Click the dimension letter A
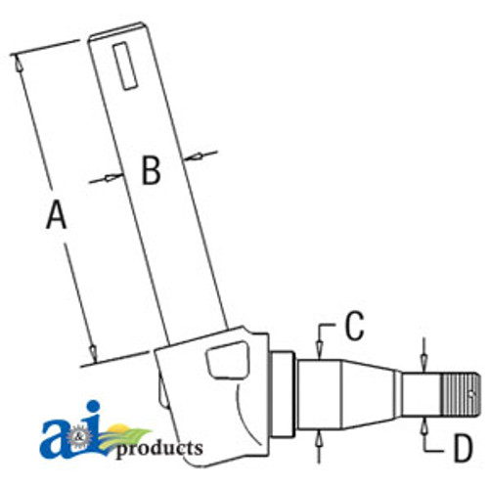(58, 213)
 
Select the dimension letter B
(150, 170)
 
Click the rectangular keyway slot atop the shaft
(124, 66)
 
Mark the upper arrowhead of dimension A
(17, 61)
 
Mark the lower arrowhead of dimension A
(94, 353)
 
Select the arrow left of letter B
(111, 178)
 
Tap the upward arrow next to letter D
(422, 423)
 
